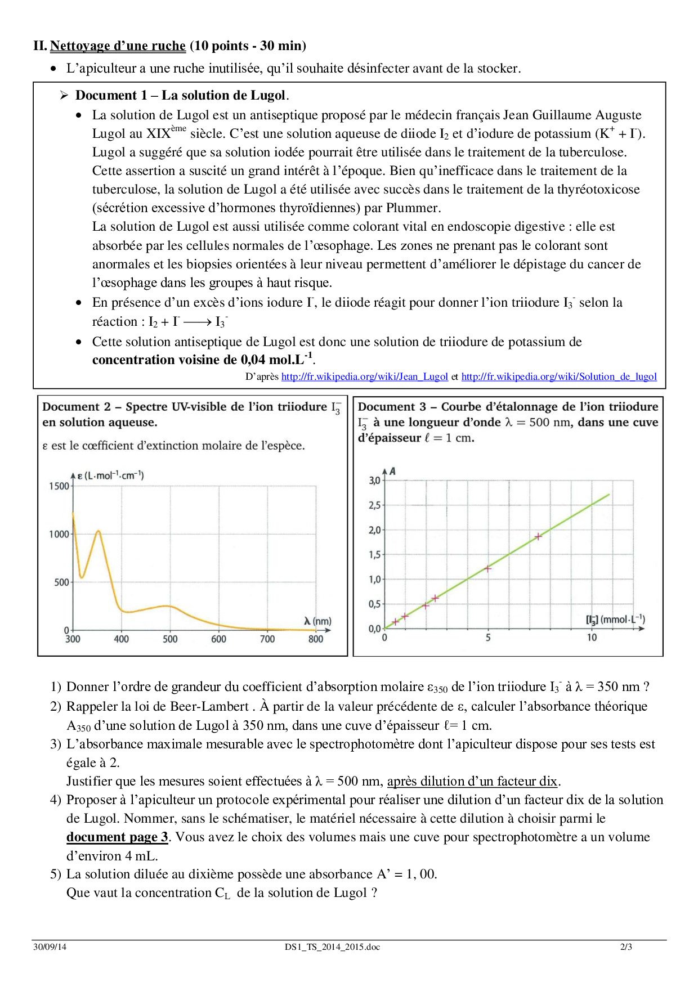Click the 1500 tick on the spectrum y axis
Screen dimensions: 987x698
point(59,486)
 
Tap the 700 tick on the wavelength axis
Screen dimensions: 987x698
point(267,639)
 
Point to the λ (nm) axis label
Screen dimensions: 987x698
point(317,621)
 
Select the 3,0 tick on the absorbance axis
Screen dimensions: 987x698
point(374,481)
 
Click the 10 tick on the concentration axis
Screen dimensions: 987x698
point(592,638)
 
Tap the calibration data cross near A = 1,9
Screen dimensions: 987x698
point(538,537)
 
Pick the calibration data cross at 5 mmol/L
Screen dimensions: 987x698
point(488,568)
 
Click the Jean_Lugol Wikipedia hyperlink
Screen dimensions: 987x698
point(364,376)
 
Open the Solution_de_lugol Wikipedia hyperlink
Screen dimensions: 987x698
point(559,376)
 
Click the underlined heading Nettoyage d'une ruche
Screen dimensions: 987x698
point(118,46)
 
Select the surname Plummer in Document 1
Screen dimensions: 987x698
point(412,208)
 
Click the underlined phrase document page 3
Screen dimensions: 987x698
point(117,837)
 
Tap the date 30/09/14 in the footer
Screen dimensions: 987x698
point(50,946)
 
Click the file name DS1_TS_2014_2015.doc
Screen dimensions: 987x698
point(332,946)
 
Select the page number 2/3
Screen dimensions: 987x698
point(626,946)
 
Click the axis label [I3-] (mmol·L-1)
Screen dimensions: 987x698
point(615,620)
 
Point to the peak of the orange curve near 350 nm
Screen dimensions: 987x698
point(99,531)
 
